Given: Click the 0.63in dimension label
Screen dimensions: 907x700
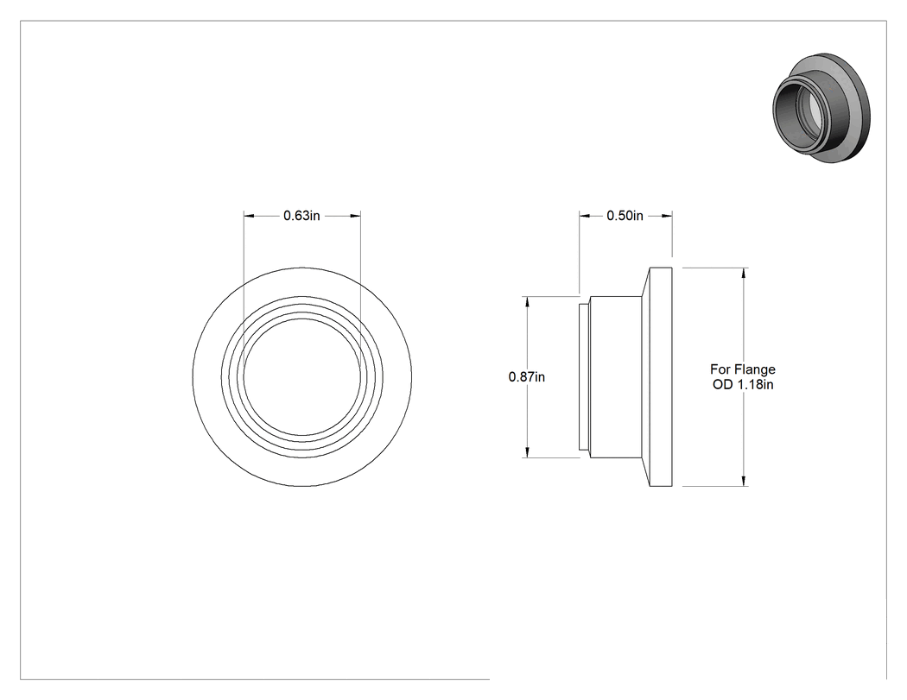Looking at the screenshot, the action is pyautogui.click(x=301, y=216).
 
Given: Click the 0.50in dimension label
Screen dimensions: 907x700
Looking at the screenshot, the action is pyautogui.click(x=625, y=216).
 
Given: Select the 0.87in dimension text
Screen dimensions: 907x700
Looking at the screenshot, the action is pyautogui.click(x=526, y=377).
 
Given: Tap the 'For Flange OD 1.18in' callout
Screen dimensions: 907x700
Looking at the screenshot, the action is pyautogui.click(x=743, y=377).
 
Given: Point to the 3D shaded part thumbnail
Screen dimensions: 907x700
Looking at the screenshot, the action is pyautogui.click(x=821, y=110).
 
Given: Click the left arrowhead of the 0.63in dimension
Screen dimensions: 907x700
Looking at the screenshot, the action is pyautogui.click(x=249, y=216).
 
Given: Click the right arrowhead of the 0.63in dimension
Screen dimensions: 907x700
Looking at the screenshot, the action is pyautogui.click(x=355, y=216).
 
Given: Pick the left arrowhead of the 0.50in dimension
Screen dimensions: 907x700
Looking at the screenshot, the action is pyautogui.click(x=585, y=216).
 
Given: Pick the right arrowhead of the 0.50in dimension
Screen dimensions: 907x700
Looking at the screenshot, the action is pyautogui.click(x=666, y=216).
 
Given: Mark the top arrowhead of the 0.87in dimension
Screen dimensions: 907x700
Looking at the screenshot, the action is pyautogui.click(x=527, y=302).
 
